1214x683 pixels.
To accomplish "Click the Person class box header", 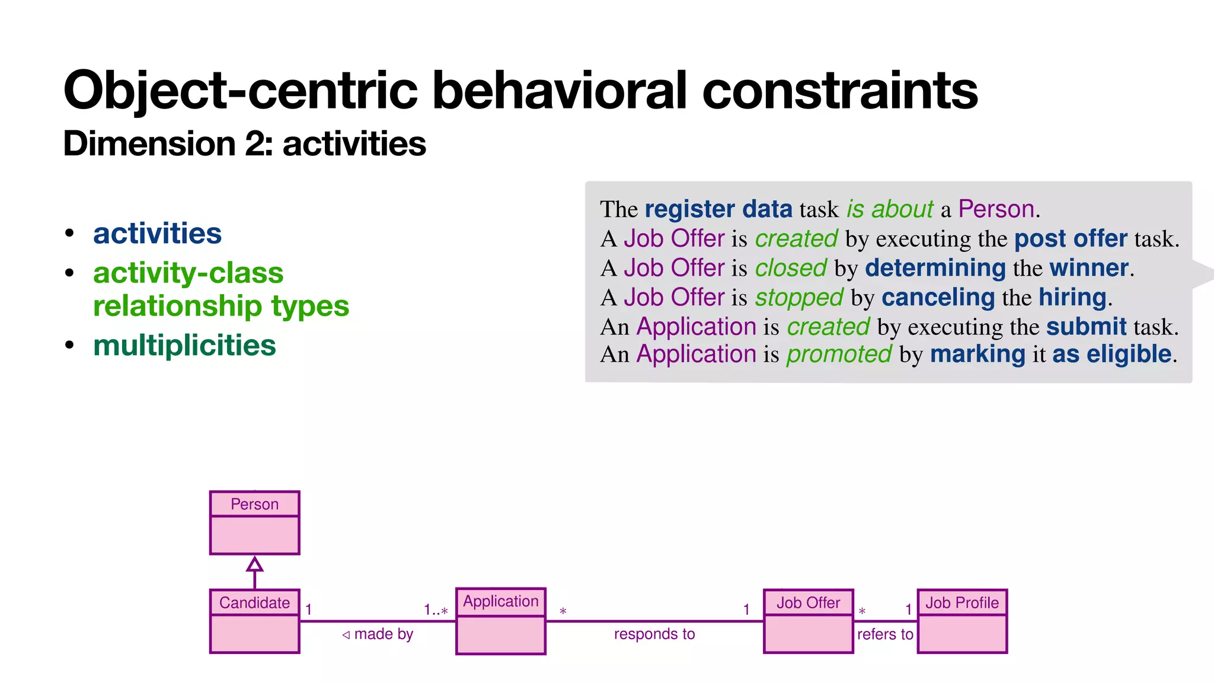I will tap(254, 504).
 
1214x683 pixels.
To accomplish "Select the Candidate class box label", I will tap(254, 602).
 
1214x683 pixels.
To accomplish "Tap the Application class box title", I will tap(500, 601).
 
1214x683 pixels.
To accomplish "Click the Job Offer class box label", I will tap(808, 602).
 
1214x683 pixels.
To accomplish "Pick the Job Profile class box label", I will tap(961, 602).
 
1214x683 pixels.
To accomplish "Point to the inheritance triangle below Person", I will tap(254, 564).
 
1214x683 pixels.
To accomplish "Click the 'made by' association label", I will tap(383, 634).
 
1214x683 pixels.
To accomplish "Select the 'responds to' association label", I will tap(654, 634).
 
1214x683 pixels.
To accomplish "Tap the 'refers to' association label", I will tap(884, 634).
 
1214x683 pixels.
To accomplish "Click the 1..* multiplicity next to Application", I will tap(435, 609).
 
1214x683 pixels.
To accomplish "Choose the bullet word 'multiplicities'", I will tap(184, 345).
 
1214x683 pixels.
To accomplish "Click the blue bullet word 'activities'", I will tap(157, 233).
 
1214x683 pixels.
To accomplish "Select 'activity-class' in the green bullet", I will tap(188, 273).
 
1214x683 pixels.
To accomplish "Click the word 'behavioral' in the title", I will tap(559, 90).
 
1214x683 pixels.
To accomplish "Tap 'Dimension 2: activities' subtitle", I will tap(244, 143).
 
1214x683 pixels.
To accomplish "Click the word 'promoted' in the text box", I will tap(839, 354).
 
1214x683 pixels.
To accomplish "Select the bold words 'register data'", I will tap(718, 209).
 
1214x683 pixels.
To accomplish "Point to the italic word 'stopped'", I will tap(798, 297).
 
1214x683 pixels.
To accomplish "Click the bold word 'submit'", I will tap(1086, 327).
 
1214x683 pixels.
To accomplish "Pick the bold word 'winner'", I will tap(1088, 268).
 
